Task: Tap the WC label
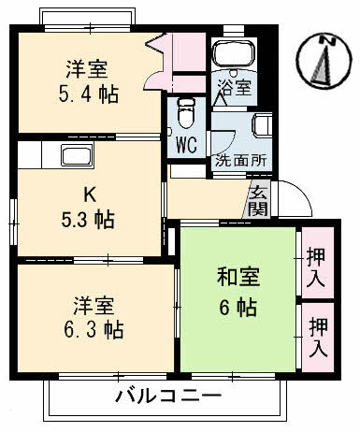185,147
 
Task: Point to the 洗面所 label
240,159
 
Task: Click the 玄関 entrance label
259,202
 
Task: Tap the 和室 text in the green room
238,278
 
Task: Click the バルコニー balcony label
168,396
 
